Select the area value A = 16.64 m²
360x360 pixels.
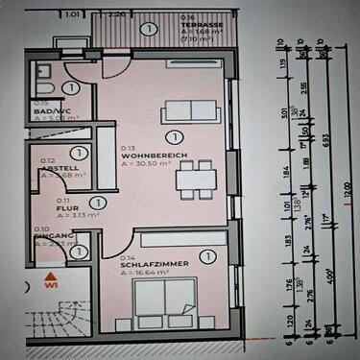coord(144,272)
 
